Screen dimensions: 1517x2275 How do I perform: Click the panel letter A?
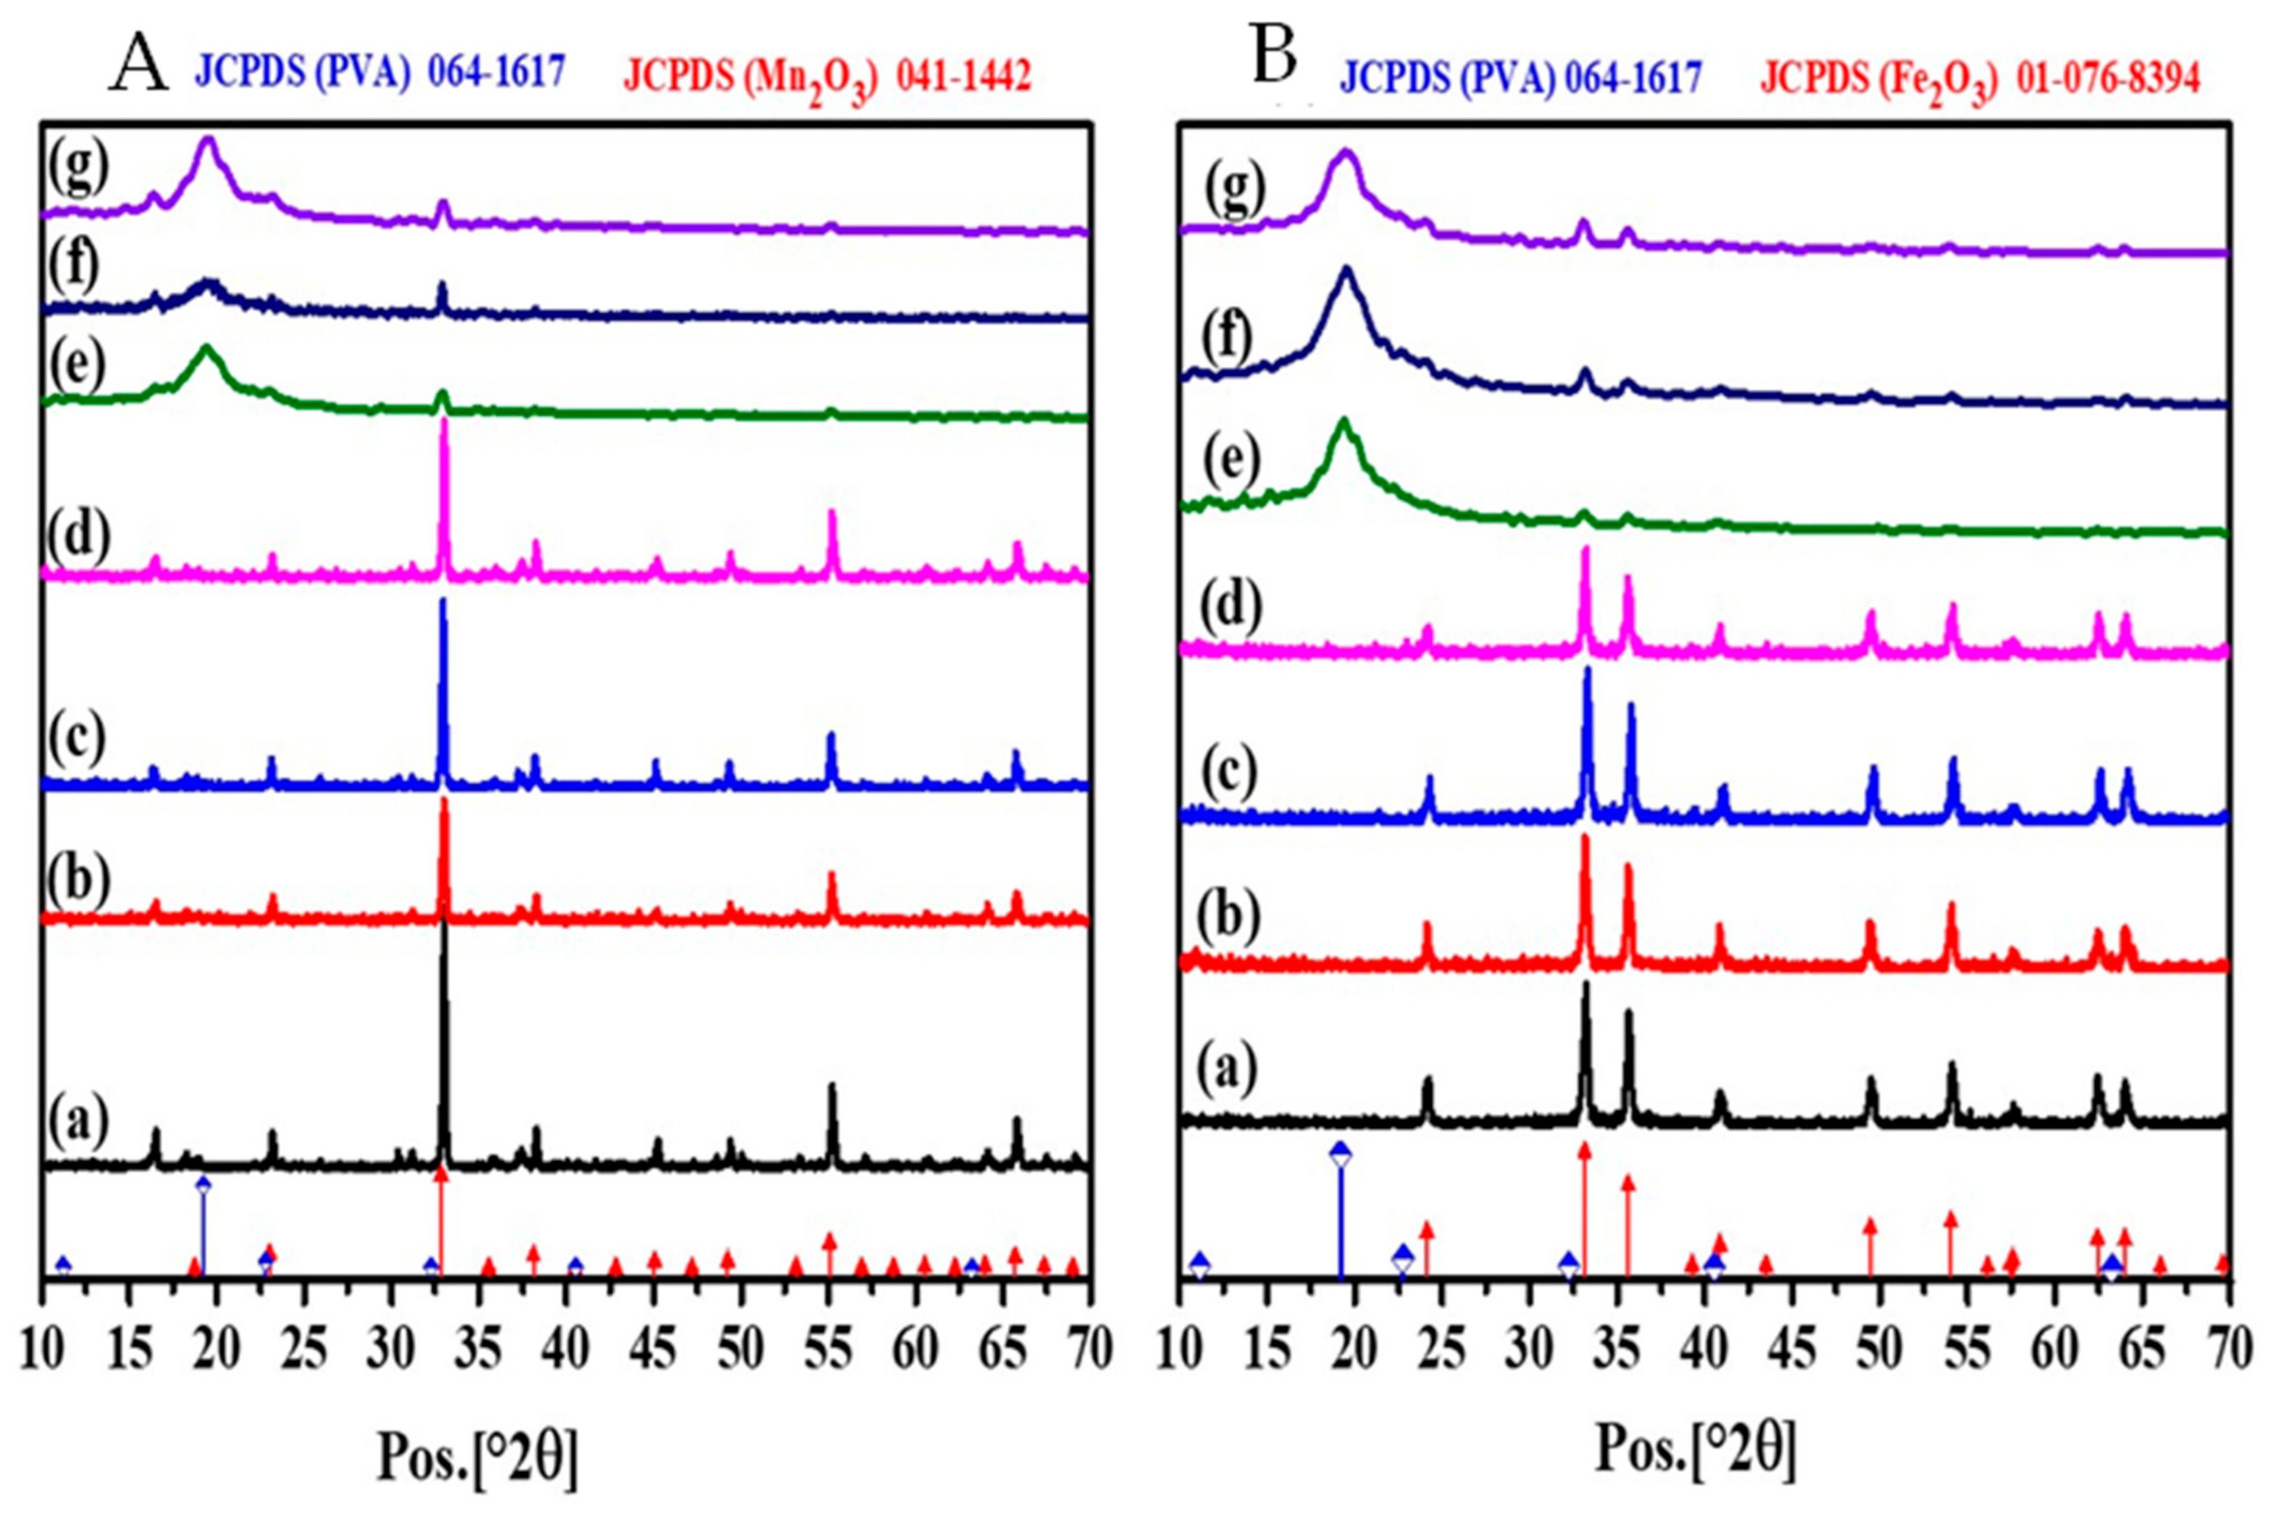tap(141, 66)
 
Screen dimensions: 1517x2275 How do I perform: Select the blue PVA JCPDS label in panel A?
tap(380, 73)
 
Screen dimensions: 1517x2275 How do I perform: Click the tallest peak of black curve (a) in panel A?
tap(444, 924)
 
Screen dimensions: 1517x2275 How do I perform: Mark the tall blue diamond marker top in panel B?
tap(1340, 1153)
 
